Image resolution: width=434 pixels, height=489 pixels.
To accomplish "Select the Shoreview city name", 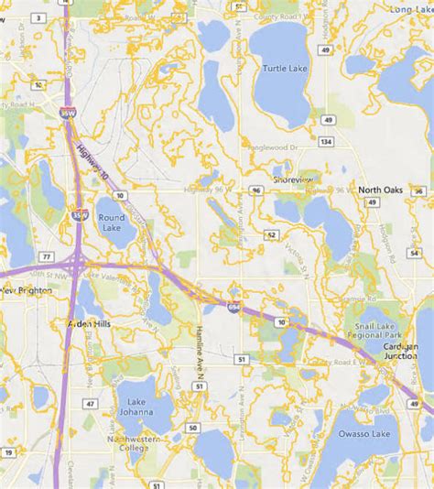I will coord(293,179).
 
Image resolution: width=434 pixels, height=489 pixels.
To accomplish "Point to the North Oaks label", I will coord(380,190).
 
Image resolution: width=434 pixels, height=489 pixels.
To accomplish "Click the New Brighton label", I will coord(21,290).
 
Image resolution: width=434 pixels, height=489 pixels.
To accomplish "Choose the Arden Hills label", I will coord(90,323).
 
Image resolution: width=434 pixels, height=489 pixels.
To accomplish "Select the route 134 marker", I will coord(326,141).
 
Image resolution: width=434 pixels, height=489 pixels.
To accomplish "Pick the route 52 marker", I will coord(272,235).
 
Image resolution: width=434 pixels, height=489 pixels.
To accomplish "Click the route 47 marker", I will coord(90,403).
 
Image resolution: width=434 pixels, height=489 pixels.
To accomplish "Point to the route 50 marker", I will coord(193,428).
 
